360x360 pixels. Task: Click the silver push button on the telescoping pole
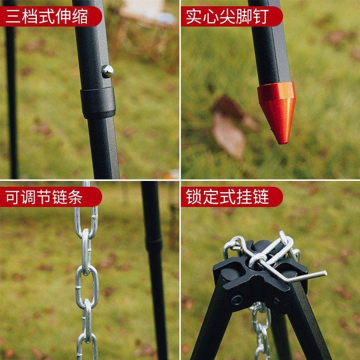pos(108,71)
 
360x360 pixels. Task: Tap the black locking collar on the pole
pos(97,102)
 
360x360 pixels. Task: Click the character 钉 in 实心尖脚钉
pos(260,17)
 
